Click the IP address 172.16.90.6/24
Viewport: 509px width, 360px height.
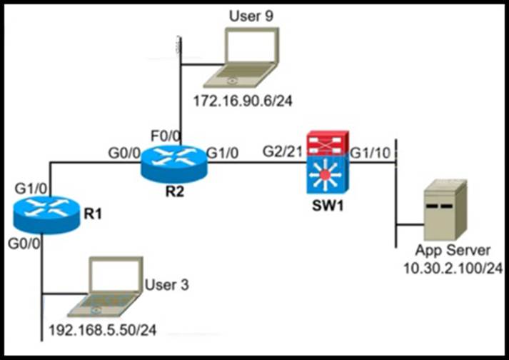[243, 101]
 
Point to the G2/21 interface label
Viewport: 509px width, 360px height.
[282, 152]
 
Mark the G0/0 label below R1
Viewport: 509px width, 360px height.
[25, 243]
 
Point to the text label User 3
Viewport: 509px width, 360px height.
[166, 286]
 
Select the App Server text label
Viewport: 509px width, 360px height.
[454, 251]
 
